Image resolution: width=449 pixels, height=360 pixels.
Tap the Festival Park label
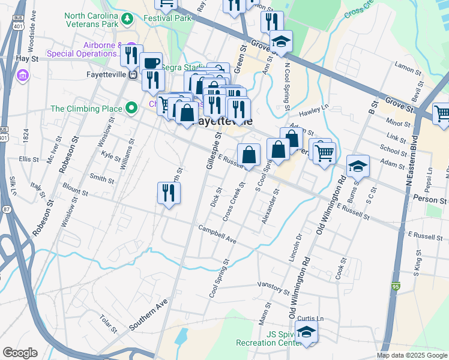[167, 18]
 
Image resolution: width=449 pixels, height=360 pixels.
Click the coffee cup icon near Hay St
[151, 62]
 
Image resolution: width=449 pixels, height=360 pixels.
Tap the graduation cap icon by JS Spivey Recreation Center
[307, 331]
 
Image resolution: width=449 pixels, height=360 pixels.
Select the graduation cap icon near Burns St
[358, 166]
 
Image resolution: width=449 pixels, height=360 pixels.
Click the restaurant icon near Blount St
[169, 193]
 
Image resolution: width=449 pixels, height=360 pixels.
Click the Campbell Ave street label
[218, 232]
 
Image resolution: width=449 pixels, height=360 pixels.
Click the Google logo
[20, 353]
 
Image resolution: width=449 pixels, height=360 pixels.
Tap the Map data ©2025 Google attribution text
[412, 355]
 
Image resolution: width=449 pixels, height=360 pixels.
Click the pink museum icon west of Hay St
[23, 76]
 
